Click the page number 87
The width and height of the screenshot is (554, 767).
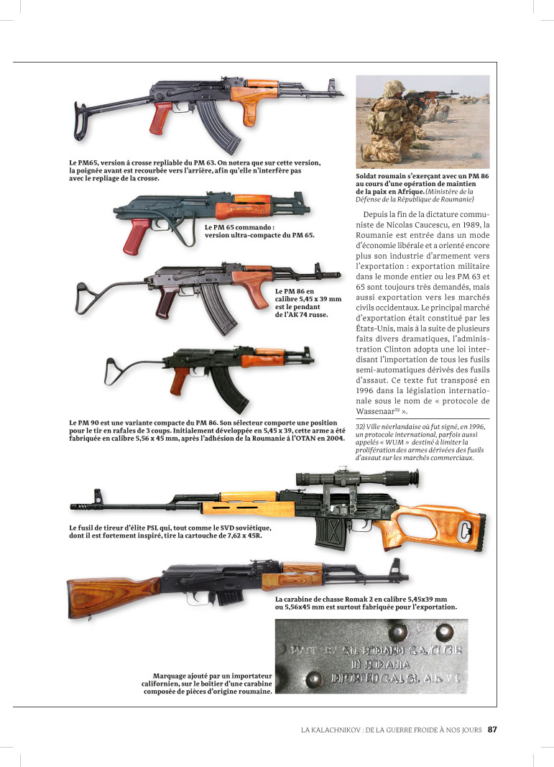[491, 729]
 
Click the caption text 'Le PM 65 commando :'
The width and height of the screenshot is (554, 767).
[241, 227]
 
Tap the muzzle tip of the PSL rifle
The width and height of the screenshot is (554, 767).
[73, 496]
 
